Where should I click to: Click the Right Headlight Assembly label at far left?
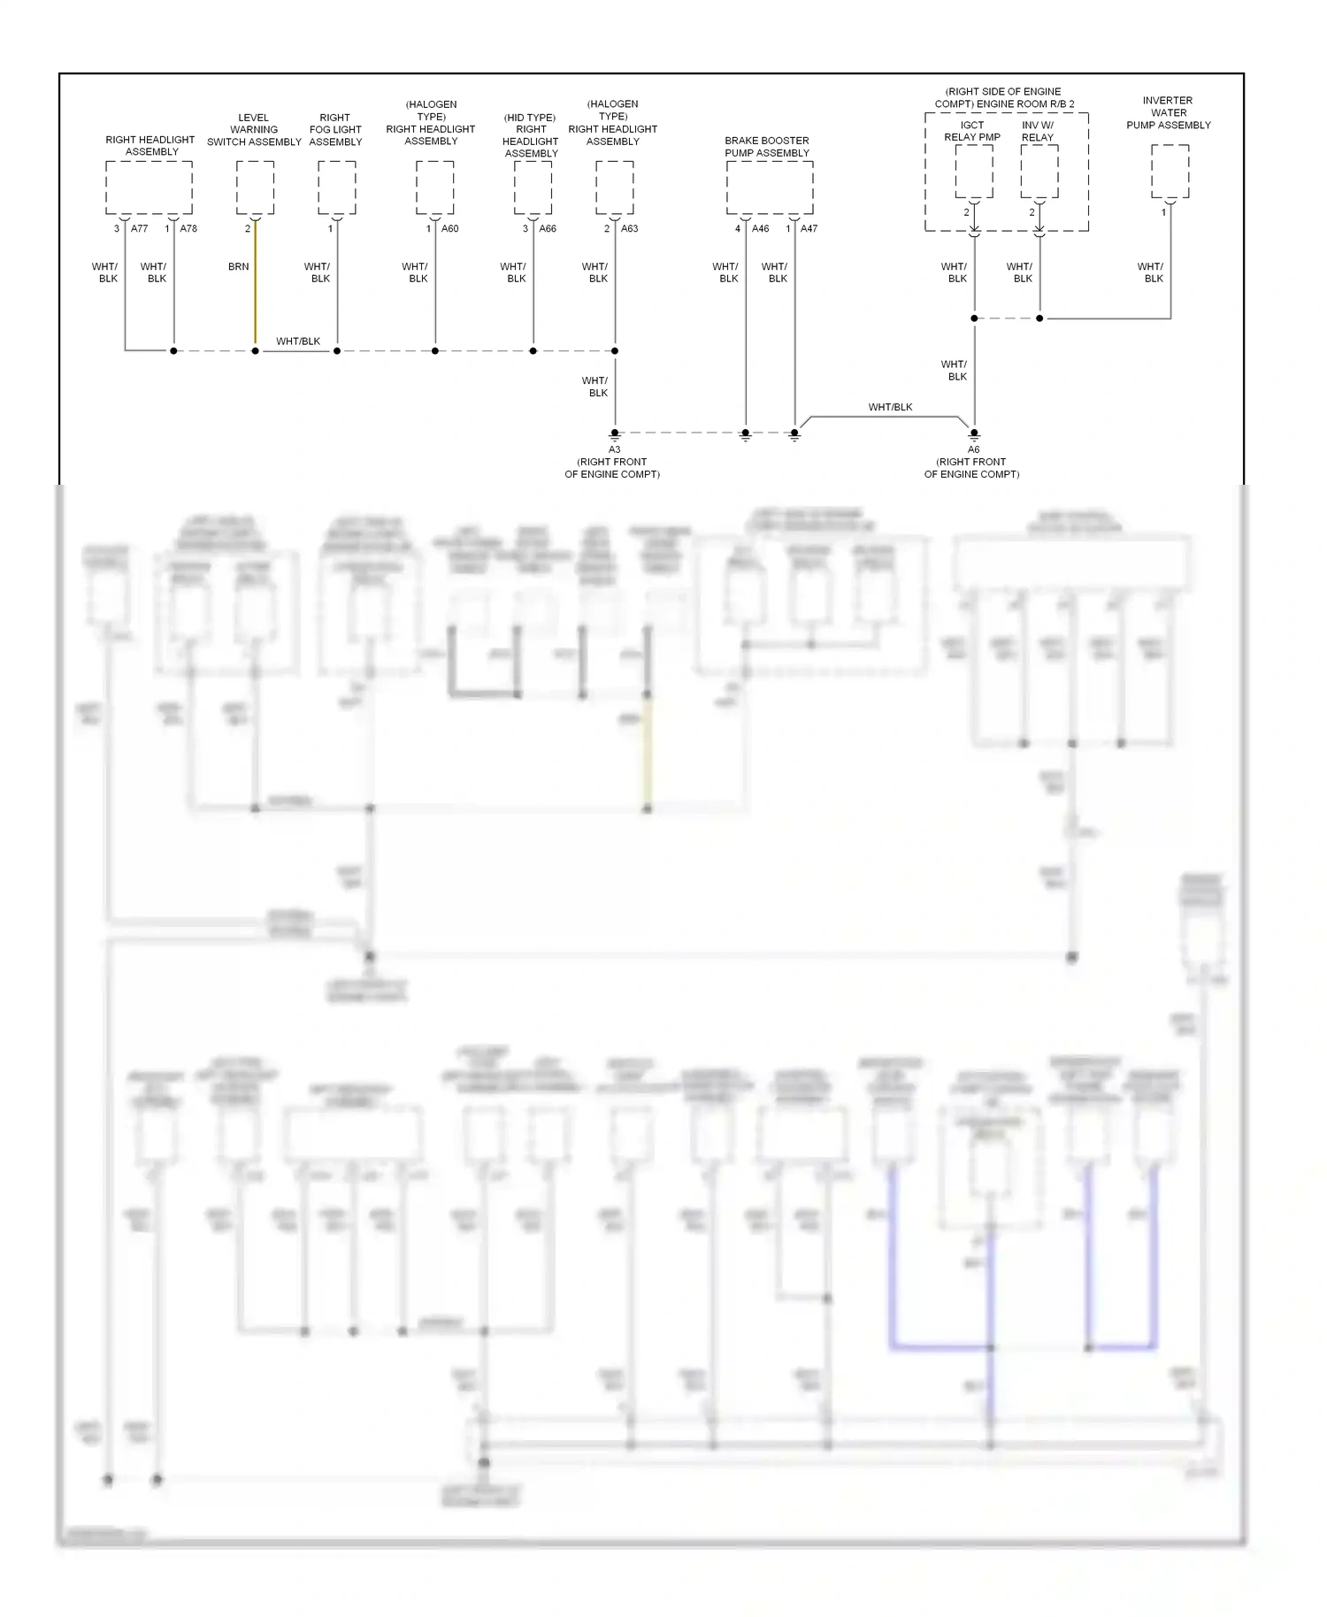[150, 145]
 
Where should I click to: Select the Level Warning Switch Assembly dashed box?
[255, 188]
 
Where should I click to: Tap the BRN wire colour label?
[238, 266]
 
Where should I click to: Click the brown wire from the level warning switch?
[255, 301]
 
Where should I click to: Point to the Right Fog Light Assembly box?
[336, 188]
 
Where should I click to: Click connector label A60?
[450, 228]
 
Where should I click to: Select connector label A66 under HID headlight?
[548, 228]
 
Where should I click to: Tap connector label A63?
[629, 228]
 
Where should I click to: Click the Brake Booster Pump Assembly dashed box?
[769, 188]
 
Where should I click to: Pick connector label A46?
[760, 228]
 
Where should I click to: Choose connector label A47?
[809, 228]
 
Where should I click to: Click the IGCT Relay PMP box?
[973, 172]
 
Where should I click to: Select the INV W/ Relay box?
[1039, 172]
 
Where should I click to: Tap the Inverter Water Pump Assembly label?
[1168, 112]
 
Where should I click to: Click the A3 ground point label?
[614, 449]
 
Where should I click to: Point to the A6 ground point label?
[973, 449]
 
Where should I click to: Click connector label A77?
[139, 228]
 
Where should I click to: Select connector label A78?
[188, 228]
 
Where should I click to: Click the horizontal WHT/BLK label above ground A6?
[890, 407]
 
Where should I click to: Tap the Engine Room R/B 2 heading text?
[1003, 97]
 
